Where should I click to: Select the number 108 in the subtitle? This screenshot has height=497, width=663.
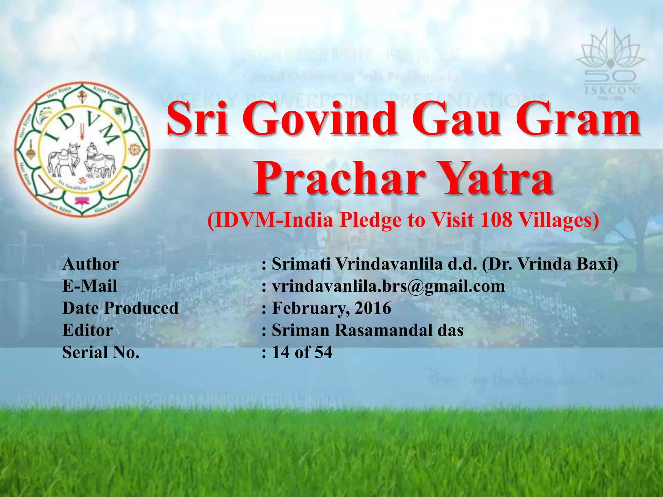pyautogui.click(x=496, y=220)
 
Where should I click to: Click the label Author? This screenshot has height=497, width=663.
pyautogui.click(x=91, y=264)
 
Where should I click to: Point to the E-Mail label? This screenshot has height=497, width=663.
pyautogui.click(x=90, y=286)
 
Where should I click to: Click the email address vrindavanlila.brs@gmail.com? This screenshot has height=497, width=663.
pyautogui.click(x=388, y=286)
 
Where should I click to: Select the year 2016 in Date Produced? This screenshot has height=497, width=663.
pyautogui.click(x=373, y=308)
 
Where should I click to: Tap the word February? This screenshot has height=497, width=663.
pyautogui.click(x=310, y=308)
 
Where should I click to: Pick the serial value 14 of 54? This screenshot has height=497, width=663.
pyautogui.click(x=302, y=352)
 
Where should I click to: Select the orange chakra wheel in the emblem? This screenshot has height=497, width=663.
pyautogui.click(x=134, y=149)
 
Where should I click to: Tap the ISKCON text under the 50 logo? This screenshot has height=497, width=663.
pyautogui.click(x=610, y=90)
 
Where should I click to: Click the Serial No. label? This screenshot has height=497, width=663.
pyautogui.click(x=101, y=352)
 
